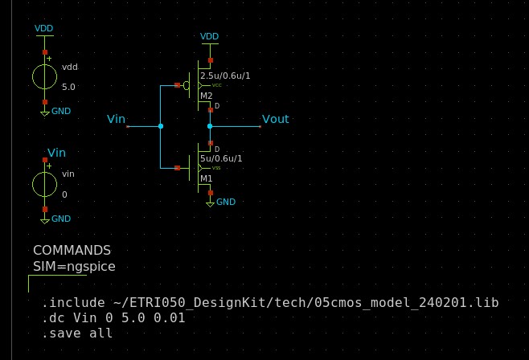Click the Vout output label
pos(275,119)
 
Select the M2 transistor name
pos(207,96)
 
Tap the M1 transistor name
pos(207,179)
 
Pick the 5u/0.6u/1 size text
pos(221,159)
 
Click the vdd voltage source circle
pos(44,76)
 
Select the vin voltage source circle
pos(44,184)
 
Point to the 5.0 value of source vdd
pos(69,86)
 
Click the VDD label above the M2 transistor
pos(209,37)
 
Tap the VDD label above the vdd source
pos(44,29)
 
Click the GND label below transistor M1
pos(226,202)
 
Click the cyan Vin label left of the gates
pos(117,119)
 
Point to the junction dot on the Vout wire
pos(210,126)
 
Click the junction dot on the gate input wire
pos(161,126)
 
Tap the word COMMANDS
pos(72,251)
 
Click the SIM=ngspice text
pos(74,266)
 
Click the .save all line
pos(77,333)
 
